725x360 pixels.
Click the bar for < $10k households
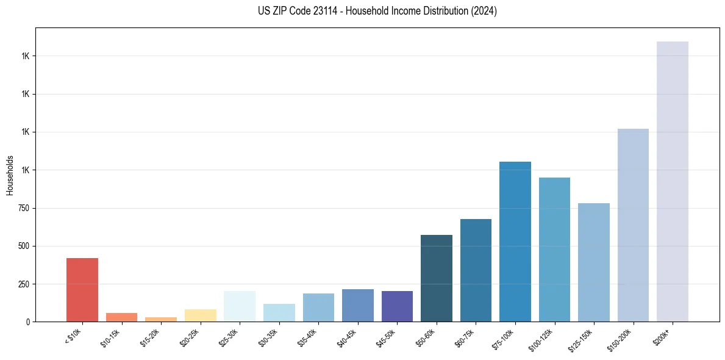tap(82, 290)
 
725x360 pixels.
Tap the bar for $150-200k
tap(633, 225)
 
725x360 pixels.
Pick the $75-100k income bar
tap(515, 242)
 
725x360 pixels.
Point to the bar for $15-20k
tap(160, 319)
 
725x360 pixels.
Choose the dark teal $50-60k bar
tap(436, 278)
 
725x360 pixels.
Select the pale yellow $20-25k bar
tap(200, 315)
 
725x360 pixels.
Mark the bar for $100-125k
tap(554, 250)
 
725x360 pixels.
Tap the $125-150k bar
tap(593, 262)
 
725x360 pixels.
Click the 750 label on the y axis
tap(24, 208)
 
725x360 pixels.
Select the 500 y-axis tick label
tap(24, 247)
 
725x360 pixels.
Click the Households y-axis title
tap(10, 175)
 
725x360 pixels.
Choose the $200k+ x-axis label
tap(663, 335)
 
